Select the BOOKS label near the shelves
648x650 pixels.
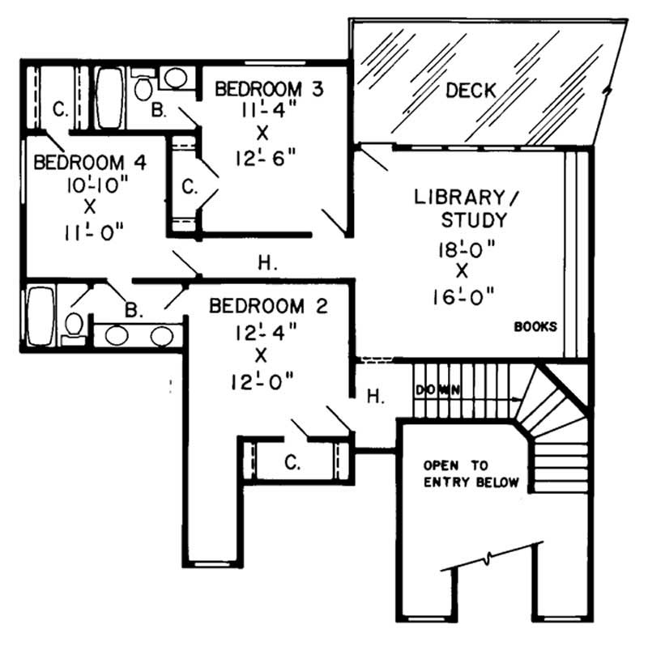coord(535,327)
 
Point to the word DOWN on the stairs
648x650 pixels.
coord(438,390)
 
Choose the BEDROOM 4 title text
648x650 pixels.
coord(90,162)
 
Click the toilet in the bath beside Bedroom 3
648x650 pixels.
coord(144,86)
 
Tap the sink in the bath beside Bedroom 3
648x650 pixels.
coord(175,79)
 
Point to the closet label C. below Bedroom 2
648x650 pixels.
coord(294,461)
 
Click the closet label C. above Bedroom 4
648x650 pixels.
coord(60,108)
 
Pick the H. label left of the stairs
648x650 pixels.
coord(374,396)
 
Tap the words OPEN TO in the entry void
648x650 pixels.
coord(456,465)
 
